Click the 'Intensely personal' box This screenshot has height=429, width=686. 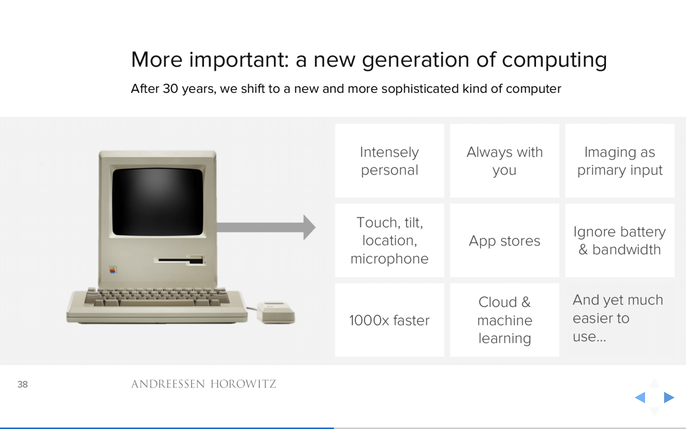(x=389, y=161)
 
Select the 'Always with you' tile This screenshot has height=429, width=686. (x=504, y=161)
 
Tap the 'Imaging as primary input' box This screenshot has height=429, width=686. (x=620, y=161)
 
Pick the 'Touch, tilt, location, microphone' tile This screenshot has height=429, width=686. (x=389, y=240)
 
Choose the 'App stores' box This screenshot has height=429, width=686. (x=504, y=240)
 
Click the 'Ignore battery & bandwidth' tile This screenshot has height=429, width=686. (x=620, y=240)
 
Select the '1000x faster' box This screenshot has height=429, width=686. (x=389, y=320)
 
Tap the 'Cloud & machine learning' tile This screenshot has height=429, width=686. (x=504, y=320)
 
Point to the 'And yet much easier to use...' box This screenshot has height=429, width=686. (x=620, y=320)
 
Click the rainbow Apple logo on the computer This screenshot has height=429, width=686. (x=112, y=270)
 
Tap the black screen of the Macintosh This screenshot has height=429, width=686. (x=158, y=202)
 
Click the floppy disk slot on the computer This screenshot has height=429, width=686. (x=180, y=260)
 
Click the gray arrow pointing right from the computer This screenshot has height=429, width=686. (x=266, y=227)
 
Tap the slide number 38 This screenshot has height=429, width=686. (x=22, y=384)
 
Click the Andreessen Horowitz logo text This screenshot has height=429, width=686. (x=203, y=384)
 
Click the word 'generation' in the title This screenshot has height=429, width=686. (x=416, y=60)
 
